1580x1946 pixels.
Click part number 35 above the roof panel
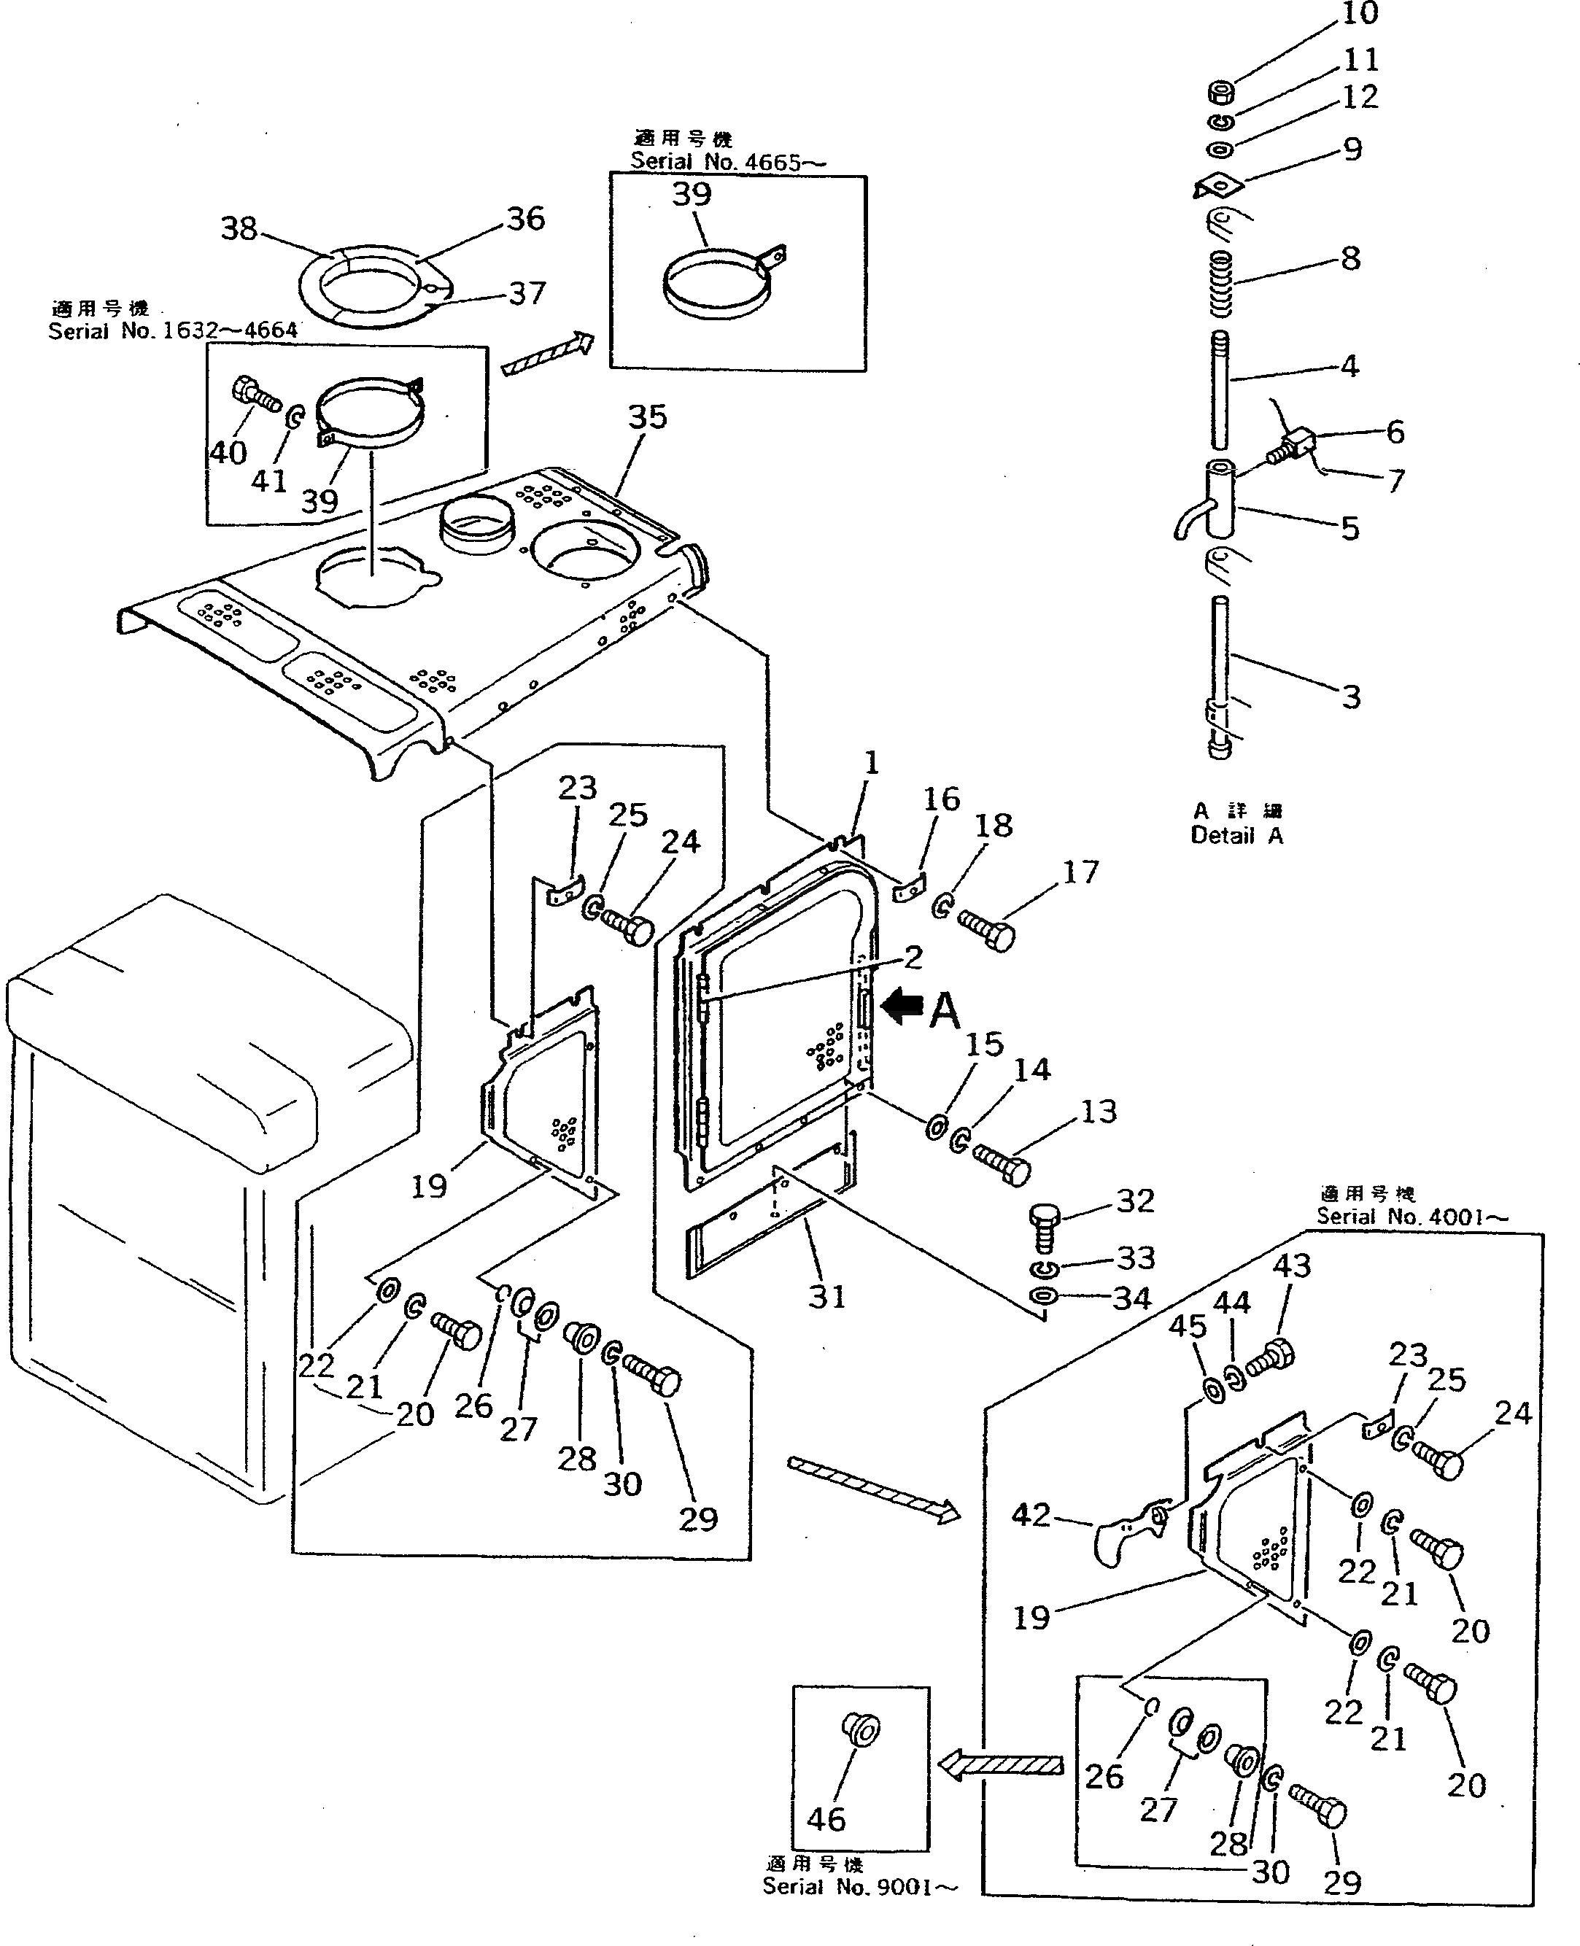click(x=647, y=417)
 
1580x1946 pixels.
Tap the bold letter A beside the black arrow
click(x=945, y=1010)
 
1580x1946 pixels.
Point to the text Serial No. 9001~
click(x=859, y=1887)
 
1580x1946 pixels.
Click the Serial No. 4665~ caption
click(x=728, y=162)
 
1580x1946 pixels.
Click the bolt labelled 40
click(x=255, y=394)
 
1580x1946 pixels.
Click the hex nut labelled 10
click(x=1221, y=91)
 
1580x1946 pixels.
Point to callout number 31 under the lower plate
click(x=826, y=1296)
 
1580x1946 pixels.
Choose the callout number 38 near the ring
click(x=239, y=228)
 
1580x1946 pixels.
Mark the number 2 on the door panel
click(x=912, y=957)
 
